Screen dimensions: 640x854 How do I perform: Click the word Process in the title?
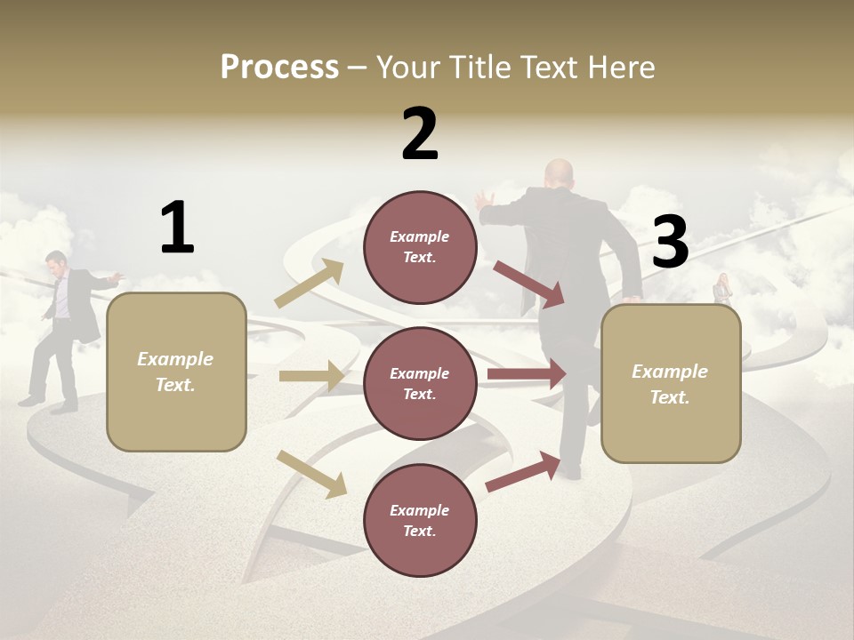(279, 68)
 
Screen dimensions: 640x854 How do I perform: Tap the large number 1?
(177, 228)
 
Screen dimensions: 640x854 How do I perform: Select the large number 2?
(420, 133)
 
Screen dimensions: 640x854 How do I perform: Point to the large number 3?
(671, 243)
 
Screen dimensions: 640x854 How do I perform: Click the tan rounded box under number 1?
(176, 372)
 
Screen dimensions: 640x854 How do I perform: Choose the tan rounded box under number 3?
(671, 383)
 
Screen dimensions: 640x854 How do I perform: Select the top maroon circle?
(420, 247)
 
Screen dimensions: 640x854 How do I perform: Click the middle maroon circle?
(420, 383)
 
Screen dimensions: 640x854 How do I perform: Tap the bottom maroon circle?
(420, 520)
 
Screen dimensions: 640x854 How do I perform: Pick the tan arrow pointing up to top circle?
(310, 284)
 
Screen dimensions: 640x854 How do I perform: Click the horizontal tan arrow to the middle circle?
(310, 376)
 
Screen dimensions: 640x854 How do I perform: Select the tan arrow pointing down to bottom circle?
(311, 474)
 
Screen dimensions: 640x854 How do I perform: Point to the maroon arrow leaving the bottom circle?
(523, 472)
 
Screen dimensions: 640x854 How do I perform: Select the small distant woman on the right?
(721, 289)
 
